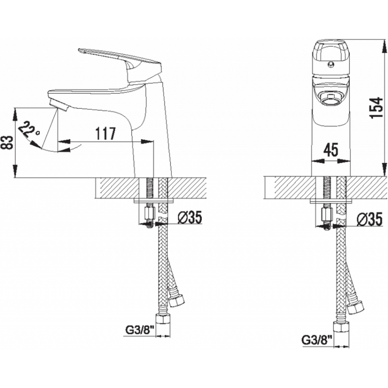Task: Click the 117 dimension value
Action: (105, 134)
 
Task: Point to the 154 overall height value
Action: (376, 108)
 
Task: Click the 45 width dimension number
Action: (331, 150)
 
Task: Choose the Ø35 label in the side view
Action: (190, 218)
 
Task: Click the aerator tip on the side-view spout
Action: (59, 105)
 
